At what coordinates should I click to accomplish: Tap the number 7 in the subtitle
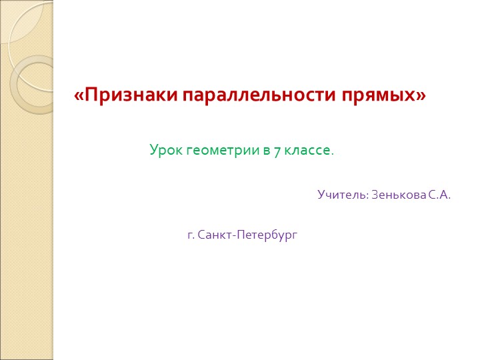(277, 151)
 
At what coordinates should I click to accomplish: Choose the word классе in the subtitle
(307, 151)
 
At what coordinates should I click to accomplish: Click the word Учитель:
(343, 195)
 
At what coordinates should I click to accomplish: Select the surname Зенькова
(398, 195)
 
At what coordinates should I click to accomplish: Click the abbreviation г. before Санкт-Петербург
(191, 235)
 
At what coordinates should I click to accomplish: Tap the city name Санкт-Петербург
(247, 235)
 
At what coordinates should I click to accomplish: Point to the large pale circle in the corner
(20, 20)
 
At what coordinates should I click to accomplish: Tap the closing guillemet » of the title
(420, 96)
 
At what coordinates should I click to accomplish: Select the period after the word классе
(332, 153)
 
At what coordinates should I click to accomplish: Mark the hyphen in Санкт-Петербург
(230, 235)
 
